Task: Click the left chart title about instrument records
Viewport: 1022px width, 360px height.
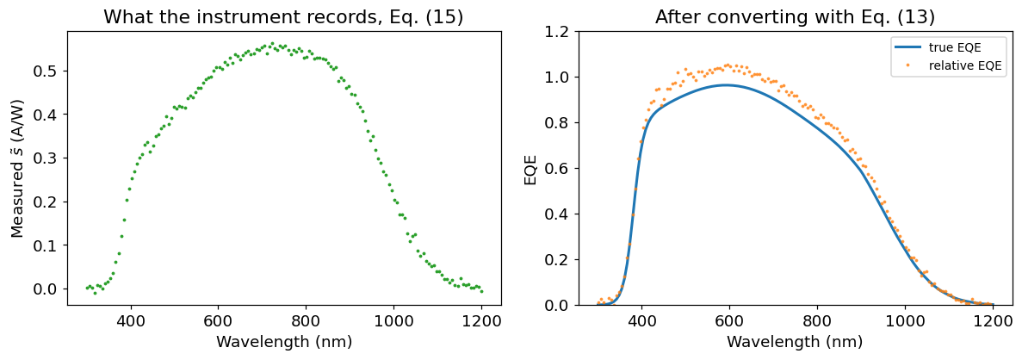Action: coord(283,17)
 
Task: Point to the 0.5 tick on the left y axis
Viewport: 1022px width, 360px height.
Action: coord(51,71)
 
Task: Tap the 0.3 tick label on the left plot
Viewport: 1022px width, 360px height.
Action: coord(51,158)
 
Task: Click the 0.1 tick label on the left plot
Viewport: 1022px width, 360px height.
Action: coord(51,245)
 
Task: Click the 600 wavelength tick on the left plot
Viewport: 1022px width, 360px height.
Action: coord(219,320)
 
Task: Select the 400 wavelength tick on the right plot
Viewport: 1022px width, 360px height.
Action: coord(642,320)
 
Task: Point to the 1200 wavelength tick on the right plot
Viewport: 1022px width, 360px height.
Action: coord(994,320)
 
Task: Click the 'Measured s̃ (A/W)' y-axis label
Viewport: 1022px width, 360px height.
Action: coord(19,165)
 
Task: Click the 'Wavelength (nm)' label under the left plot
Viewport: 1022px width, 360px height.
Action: coord(283,340)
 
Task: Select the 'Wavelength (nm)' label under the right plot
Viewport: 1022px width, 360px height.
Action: coord(796,340)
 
